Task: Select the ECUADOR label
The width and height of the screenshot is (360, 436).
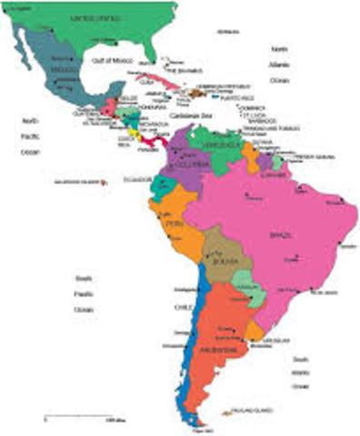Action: point(136,180)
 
